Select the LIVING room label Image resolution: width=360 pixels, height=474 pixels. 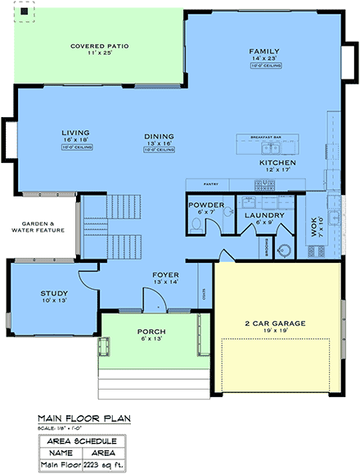pyautogui.click(x=75, y=132)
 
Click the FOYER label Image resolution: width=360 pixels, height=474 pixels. pyautogui.click(x=166, y=275)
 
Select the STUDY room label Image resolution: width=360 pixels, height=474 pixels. pyautogui.click(x=54, y=293)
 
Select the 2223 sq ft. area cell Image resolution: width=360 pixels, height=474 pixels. pyautogui.click(x=103, y=465)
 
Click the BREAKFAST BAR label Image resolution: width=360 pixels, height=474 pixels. pyautogui.click(x=265, y=137)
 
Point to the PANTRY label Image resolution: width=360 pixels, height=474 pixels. pyautogui.click(x=209, y=185)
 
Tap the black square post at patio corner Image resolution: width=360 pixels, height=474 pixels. pyautogui.click(x=25, y=12)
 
